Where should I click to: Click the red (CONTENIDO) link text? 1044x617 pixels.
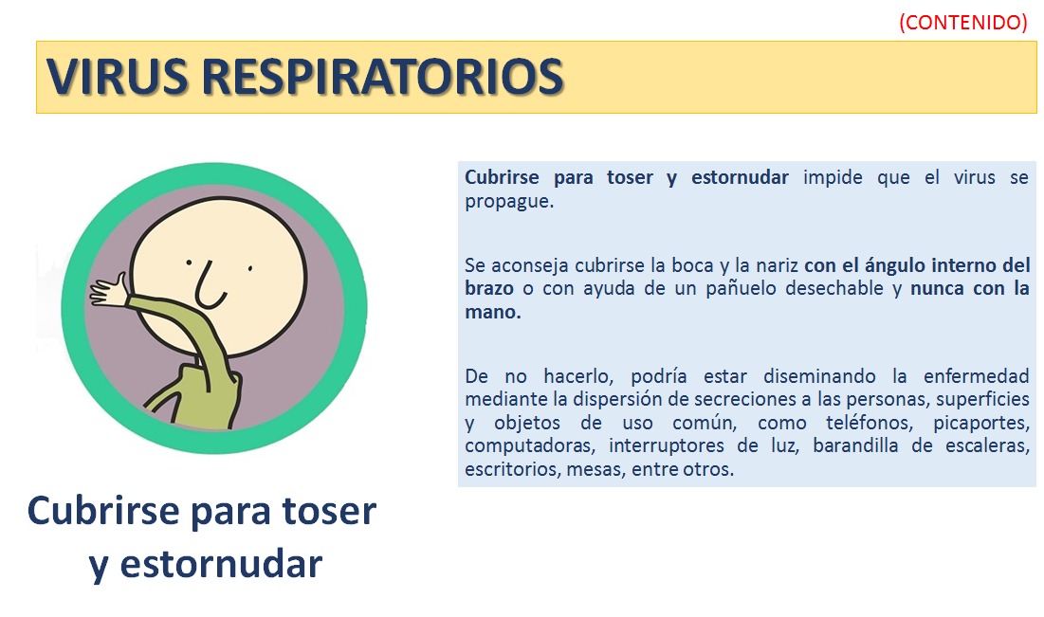(962, 22)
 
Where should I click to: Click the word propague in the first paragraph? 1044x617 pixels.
(508, 202)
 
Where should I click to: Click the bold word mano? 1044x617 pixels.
(493, 312)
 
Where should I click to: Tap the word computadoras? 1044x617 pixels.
(526, 446)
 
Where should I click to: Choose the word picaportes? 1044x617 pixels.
(981, 424)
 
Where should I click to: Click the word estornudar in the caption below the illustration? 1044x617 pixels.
(220, 565)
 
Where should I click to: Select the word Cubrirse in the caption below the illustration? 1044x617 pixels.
(103, 511)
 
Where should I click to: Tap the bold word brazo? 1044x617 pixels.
(488, 288)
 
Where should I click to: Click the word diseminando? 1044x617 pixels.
(819, 376)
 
